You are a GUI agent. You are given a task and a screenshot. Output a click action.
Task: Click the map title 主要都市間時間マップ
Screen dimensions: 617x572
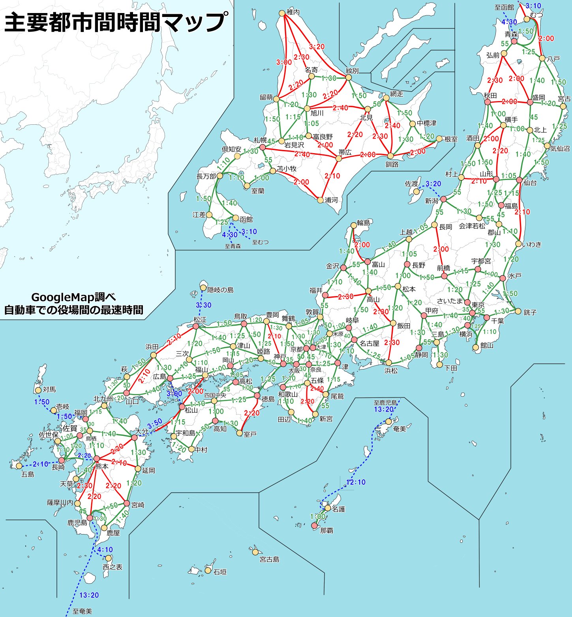point(116,23)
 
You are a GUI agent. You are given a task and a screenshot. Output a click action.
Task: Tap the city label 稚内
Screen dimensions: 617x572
point(293,12)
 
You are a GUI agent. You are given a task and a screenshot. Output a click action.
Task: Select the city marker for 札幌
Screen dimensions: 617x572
point(263,148)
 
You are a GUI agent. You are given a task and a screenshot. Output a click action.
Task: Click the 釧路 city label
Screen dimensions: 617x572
point(392,164)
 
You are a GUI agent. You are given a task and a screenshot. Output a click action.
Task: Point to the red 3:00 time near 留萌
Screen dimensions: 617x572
point(284,62)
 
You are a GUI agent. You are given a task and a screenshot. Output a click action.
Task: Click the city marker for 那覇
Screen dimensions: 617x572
point(314,525)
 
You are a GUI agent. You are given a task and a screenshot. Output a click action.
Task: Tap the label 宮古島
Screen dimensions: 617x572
point(269,559)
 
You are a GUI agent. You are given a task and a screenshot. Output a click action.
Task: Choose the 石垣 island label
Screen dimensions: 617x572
point(220,571)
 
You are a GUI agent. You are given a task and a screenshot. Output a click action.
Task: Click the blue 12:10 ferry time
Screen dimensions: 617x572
point(356,482)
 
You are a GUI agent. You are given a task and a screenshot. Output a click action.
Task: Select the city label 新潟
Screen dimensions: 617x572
point(431,201)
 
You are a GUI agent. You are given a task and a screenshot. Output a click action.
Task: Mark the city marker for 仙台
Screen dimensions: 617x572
point(519,180)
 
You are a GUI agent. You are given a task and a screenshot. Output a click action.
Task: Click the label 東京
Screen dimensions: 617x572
point(478,304)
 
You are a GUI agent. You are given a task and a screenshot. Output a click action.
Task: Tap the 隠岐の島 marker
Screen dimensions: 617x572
point(204,288)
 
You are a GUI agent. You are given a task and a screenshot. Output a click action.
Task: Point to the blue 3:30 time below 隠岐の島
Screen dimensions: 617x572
point(204,305)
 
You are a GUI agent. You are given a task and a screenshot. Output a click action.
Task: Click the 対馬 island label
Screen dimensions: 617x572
point(49,389)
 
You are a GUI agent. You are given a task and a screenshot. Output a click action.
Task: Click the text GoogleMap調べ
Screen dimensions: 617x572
point(73,297)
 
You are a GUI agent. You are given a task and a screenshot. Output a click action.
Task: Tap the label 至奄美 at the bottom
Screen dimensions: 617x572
point(82,611)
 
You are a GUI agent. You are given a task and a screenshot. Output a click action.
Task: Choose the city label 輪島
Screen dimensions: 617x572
point(364,223)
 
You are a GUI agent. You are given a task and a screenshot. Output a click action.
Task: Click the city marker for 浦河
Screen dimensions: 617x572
point(320,200)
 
